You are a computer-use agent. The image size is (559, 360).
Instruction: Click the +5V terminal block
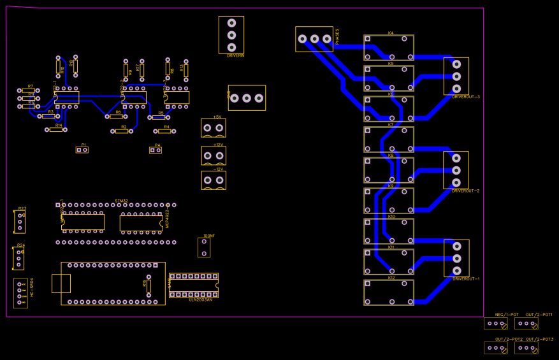pyautogui.click(x=213, y=128)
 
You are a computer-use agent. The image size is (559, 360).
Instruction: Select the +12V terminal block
pyautogui.click(x=214, y=155)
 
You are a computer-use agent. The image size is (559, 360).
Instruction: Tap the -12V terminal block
pyautogui.click(x=214, y=180)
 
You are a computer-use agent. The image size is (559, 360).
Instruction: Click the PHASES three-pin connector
pyautogui.click(x=314, y=39)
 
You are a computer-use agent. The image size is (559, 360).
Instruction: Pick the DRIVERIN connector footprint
pyautogui.click(x=231, y=35)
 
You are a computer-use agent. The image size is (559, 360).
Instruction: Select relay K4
pyautogui.click(x=388, y=48)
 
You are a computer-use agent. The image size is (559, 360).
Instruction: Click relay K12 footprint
pyautogui.click(x=388, y=292)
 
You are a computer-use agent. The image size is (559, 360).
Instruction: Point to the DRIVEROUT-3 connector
pyautogui.click(x=456, y=76)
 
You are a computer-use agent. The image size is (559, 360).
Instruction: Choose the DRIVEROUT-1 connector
pyautogui.click(x=456, y=258)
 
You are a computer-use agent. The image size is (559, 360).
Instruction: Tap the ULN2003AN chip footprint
pyautogui.click(x=194, y=285)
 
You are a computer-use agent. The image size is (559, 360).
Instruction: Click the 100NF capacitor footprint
pyautogui.click(x=204, y=247)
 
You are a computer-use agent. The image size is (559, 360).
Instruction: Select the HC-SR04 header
pyautogui.click(x=20, y=293)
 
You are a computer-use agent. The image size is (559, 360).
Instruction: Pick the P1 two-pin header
pyautogui.click(x=82, y=150)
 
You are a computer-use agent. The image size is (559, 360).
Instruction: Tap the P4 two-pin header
pyautogui.click(x=156, y=150)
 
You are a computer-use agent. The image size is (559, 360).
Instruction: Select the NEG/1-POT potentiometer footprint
pyautogui.click(x=495, y=324)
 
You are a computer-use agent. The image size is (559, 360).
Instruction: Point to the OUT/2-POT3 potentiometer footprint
pyautogui.click(x=526, y=348)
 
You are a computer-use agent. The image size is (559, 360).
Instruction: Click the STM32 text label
pyautogui.click(x=121, y=201)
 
